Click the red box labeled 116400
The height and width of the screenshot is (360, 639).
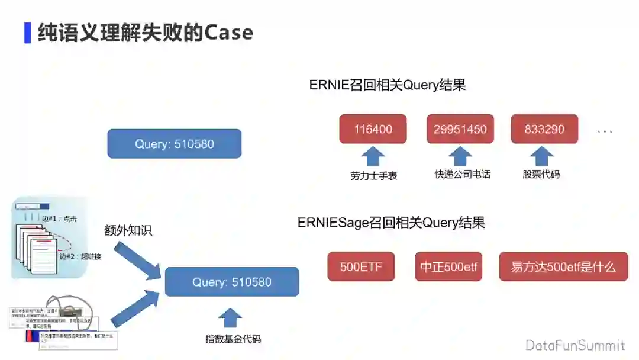pyautogui.click(x=373, y=129)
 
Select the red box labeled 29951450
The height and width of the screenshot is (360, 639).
pyautogui.click(x=460, y=129)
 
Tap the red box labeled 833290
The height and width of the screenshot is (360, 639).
pyautogui.click(x=544, y=129)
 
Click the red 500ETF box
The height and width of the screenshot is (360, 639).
pyautogui.click(x=361, y=266)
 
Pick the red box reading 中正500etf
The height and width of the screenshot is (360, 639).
pyautogui.click(x=448, y=266)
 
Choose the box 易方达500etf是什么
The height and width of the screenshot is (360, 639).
pyautogui.click(x=563, y=266)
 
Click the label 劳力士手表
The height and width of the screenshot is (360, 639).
pyautogui.click(x=373, y=175)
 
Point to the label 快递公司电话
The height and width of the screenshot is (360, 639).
pyautogui.click(x=462, y=174)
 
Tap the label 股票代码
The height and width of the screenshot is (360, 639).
pyautogui.click(x=541, y=174)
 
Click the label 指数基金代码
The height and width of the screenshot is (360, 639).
pyautogui.click(x=233, y=339)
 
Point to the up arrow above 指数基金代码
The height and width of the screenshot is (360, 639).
pyautogui.click(x=230, y=318)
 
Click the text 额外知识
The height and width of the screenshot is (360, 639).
pyautogui.click(x=128, y=230)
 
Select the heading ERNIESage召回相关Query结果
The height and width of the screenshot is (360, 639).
pyautogui.click(x=391, y=223)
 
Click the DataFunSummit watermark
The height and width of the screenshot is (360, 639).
pyautogui.click(x=575, y=345)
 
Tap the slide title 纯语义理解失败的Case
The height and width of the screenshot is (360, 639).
pyautogui.click(x=145, y=32)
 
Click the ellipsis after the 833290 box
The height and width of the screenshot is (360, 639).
pyautogui.click(x=605, y=131)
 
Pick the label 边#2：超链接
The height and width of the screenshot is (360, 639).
pyautogui.click(x=80, y=257)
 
